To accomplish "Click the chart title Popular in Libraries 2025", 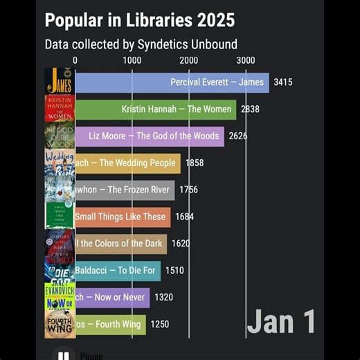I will click(139, 19).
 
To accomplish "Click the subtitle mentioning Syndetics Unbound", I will click(141, 44).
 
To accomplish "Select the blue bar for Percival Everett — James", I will click(171, 82).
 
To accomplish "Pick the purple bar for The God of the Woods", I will click(149, 136).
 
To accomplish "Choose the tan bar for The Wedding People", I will click(127, 163).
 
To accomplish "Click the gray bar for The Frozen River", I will click(124, 190).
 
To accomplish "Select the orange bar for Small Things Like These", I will click(122, 217).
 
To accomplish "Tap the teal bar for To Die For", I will click(117, 270).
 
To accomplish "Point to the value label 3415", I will click(283, 82).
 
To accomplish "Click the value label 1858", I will click(195, 163).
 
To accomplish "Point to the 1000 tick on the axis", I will click(132, 60).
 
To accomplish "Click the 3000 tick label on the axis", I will click(245, 60).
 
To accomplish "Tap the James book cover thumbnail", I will click(60, 82).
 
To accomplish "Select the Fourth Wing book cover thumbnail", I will click(60, 324).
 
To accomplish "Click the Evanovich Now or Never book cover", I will click(60, 297).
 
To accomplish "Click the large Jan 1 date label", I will click(282, 322).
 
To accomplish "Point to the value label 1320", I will click(163, 297).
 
